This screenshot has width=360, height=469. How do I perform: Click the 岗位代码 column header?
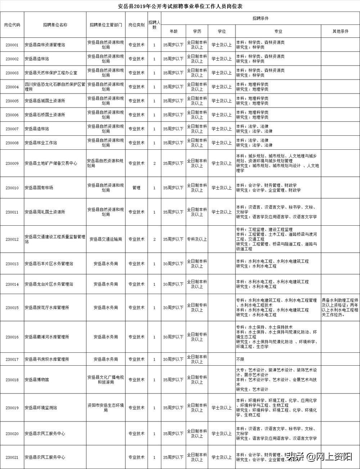pos(12,25)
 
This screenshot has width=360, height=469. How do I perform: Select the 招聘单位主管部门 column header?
pos(106,25)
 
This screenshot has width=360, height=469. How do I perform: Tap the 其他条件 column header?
pos(340,31)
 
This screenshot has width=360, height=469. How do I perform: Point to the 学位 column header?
pos(222,31)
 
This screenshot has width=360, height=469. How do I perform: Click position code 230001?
pos(12,45)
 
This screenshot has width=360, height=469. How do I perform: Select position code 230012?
pos(12,239)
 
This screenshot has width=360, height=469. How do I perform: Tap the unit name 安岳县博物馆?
pos(37,380)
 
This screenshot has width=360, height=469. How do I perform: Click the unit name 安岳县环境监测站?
pos(41,408)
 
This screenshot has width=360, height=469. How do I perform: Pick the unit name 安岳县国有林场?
pos(39,188)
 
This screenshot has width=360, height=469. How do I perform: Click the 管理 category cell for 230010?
pos(136,188)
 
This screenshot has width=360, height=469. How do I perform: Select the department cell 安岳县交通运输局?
pos(106,239)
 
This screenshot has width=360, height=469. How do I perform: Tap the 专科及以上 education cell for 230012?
pos(197,239)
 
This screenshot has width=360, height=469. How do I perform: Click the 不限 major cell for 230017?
pos(240,359)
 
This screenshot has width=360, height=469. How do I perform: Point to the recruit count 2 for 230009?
pos(154,163)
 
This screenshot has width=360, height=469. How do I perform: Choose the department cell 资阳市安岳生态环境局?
pos(106,408)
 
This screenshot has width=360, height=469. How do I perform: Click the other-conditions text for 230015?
pos(340,307)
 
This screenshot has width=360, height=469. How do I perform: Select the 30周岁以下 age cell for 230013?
pos(173,264)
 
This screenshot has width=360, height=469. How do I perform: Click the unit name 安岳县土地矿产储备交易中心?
pos(51,163)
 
